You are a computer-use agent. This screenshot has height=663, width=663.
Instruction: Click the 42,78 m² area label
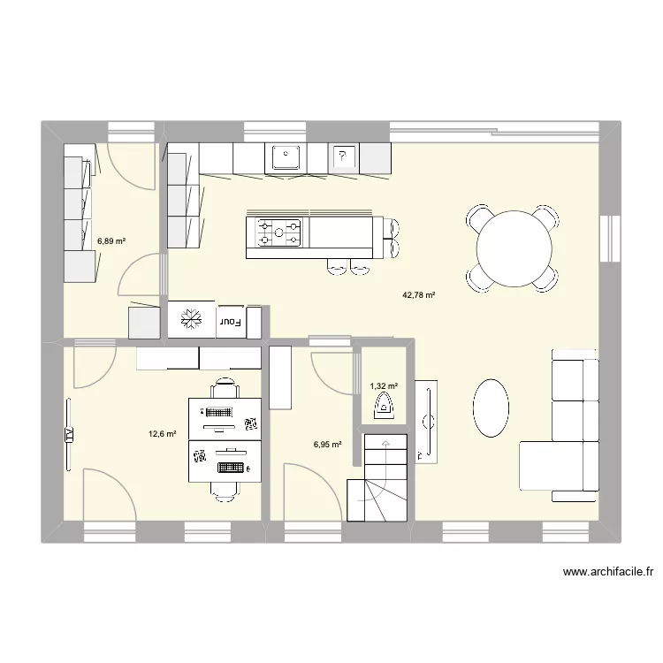pyautogui.click(x=419, y=296)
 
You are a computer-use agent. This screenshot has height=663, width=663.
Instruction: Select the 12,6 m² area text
pyautogui.click(x=163, y=433)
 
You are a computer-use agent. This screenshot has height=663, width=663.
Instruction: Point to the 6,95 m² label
pyautogui.click(x=327, y=445)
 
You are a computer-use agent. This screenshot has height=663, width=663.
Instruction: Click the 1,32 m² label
pyautogui.click(x=383, y=385)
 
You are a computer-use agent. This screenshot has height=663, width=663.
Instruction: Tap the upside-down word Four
pyautogui.click(x=232, y=322)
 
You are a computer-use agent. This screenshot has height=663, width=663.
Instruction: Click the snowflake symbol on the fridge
pyautogui.click(x=188, y=321)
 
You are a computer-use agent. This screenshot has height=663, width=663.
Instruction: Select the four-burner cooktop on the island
pyautogui.click(x=279, y=233)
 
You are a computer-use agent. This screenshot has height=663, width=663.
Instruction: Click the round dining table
pyautogui.click(x=515, y=248)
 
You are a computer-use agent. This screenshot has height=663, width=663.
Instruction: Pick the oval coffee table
pyautogui.click(x=492, y=408)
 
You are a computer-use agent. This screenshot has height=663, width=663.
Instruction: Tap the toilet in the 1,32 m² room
pyautogui.click(x=385, y=407)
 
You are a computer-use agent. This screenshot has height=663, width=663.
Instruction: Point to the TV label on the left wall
pyautogui.click(x=67, y=433)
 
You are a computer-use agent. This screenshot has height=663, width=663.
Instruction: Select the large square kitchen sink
pyautogui.click(x=286, y=157)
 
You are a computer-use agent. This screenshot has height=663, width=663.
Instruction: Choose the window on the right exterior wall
pyautogui.click(x=609, y=239)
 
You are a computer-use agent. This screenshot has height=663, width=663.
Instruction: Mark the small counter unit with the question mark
pyautogui.click(x=343, y=158)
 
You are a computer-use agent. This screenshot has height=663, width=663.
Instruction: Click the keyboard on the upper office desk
pyautogui.click(x=217, y=412)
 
